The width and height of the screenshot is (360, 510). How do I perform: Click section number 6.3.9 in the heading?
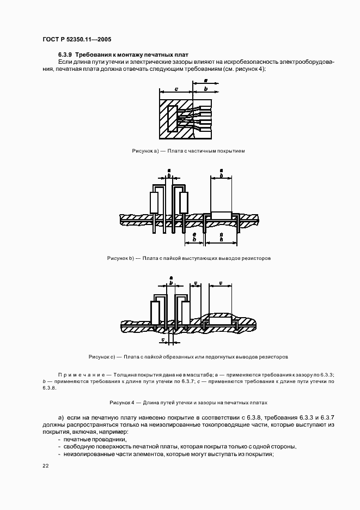65,54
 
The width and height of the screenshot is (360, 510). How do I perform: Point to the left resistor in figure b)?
155,202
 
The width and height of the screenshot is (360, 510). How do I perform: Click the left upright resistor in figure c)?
155,313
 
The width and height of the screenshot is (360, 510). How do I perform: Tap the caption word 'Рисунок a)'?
145,150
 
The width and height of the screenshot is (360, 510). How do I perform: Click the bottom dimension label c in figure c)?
164,339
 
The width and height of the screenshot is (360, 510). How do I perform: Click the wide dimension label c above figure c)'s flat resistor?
220,283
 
